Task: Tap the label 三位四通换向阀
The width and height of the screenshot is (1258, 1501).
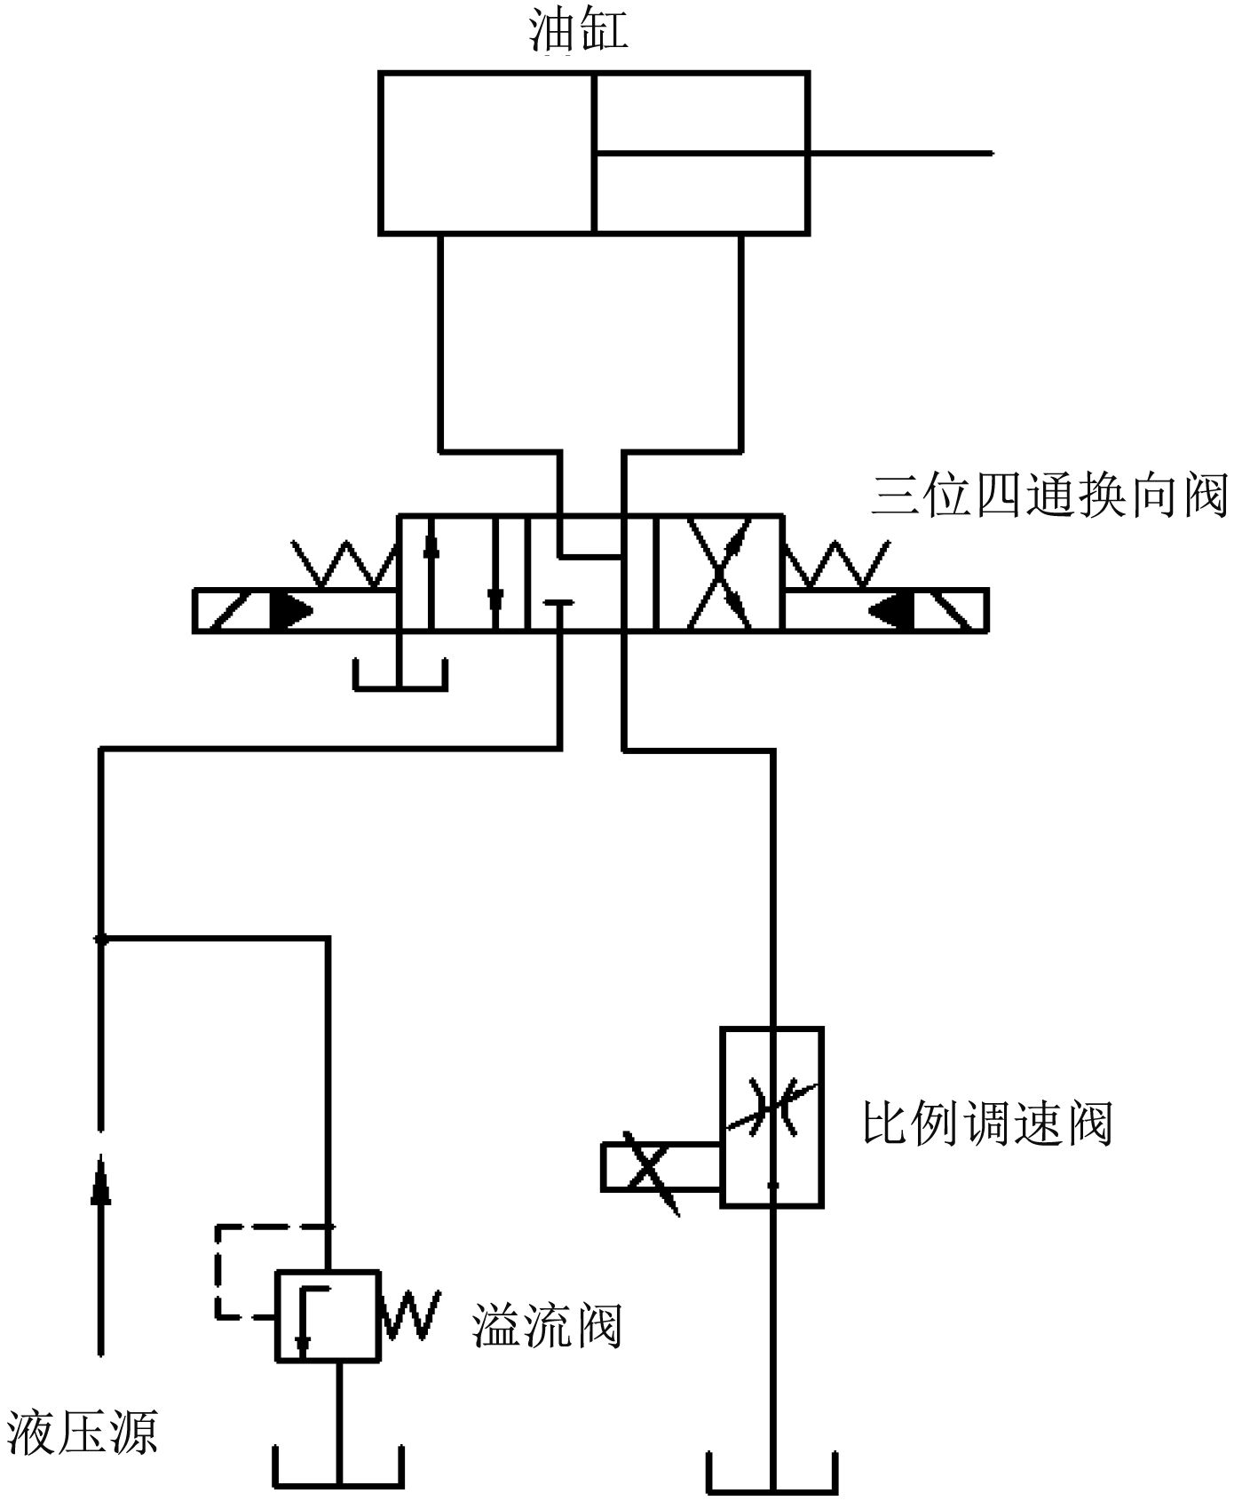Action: click(x=1049, y=496)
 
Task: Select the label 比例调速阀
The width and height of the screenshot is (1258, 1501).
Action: click(x=987, y=1124)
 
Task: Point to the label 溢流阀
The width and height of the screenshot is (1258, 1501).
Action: click(x=546, y=1326)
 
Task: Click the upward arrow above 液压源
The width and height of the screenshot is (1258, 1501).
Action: click(x=101, y=1252)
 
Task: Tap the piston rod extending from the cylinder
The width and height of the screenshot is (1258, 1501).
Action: click(x=897, y=154)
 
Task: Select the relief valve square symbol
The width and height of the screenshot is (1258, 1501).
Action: click(x=327, y=1314)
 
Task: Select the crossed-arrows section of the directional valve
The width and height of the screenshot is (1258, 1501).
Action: click(x=718, y=572)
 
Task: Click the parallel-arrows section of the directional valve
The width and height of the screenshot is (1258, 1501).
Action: click(x=462, y=572)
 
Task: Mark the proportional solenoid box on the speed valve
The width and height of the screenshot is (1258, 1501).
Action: click(x=661, y=1166)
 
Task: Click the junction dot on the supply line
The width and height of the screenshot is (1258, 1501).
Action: click(x=101, y=937)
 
